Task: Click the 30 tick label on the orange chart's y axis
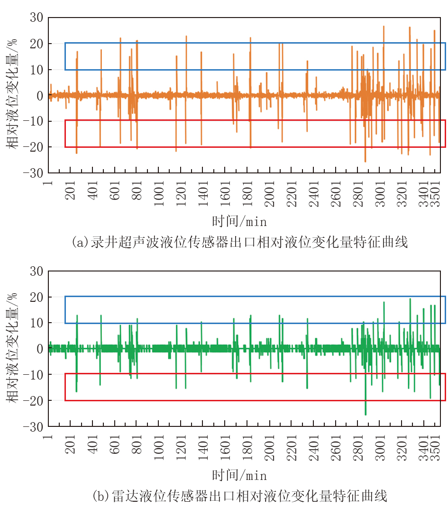click(x=37, y=18)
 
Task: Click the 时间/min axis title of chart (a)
click(x=240, y=221)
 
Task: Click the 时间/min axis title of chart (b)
click(x=240, y=475)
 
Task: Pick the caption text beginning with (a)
click(x=240, y=243)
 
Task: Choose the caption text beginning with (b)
click(x=240, y=496)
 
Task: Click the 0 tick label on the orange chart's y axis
click(x=40, y=96)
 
